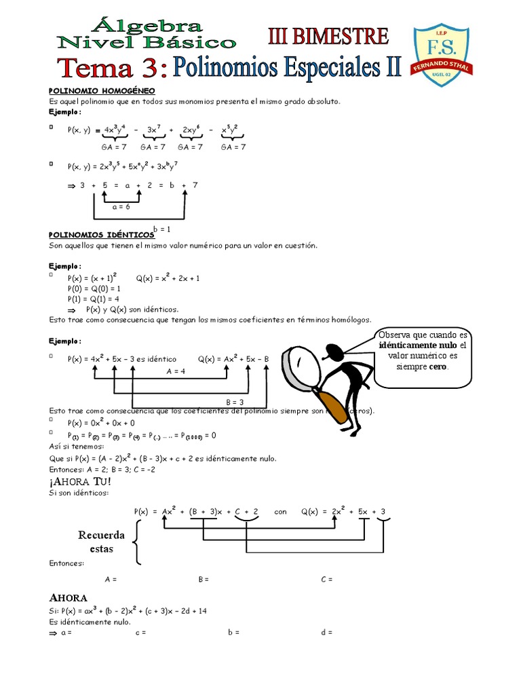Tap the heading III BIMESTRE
coord(330,36)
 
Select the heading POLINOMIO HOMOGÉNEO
coord(102,90)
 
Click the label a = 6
coord(121,206)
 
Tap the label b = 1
coord(161,229)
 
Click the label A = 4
coord(176,371)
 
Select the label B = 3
coord(235,402)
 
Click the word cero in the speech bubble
coord(438,367)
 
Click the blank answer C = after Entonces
coord(327,580)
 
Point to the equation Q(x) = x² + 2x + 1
coord(168,278)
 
